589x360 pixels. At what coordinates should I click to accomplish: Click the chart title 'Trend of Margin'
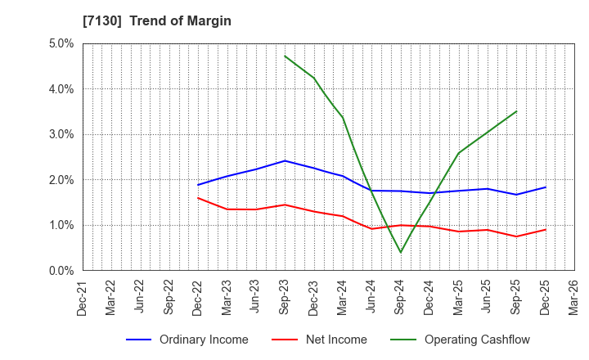coord(187,21)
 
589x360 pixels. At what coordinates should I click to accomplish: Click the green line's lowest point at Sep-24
coord(401,252)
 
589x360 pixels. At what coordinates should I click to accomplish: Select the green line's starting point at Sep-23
coord(285,56)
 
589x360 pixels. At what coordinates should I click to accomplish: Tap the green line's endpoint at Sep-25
coord(516,111)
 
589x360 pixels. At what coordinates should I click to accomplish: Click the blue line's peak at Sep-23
coord(285,160)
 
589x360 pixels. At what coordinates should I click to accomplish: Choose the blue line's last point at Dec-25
coord(545,187)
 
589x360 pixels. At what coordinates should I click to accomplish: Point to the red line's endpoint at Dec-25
coord(545,229)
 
